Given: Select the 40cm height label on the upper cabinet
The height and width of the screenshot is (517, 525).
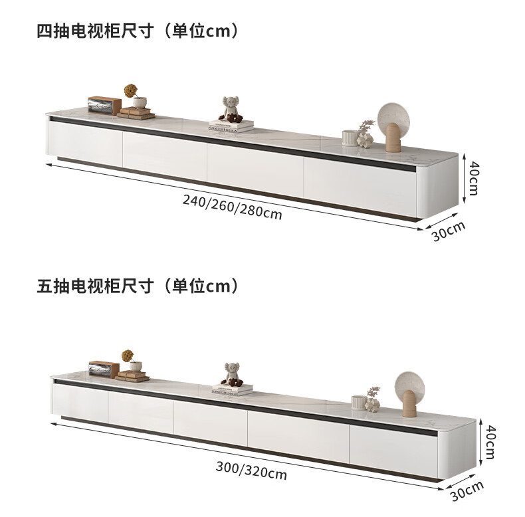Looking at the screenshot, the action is click(x=472, y=177).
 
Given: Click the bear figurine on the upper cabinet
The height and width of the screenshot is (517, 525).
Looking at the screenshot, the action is click(x=231, y=108).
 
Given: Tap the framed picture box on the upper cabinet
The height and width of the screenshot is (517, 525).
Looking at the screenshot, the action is click(x=104, y=105).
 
